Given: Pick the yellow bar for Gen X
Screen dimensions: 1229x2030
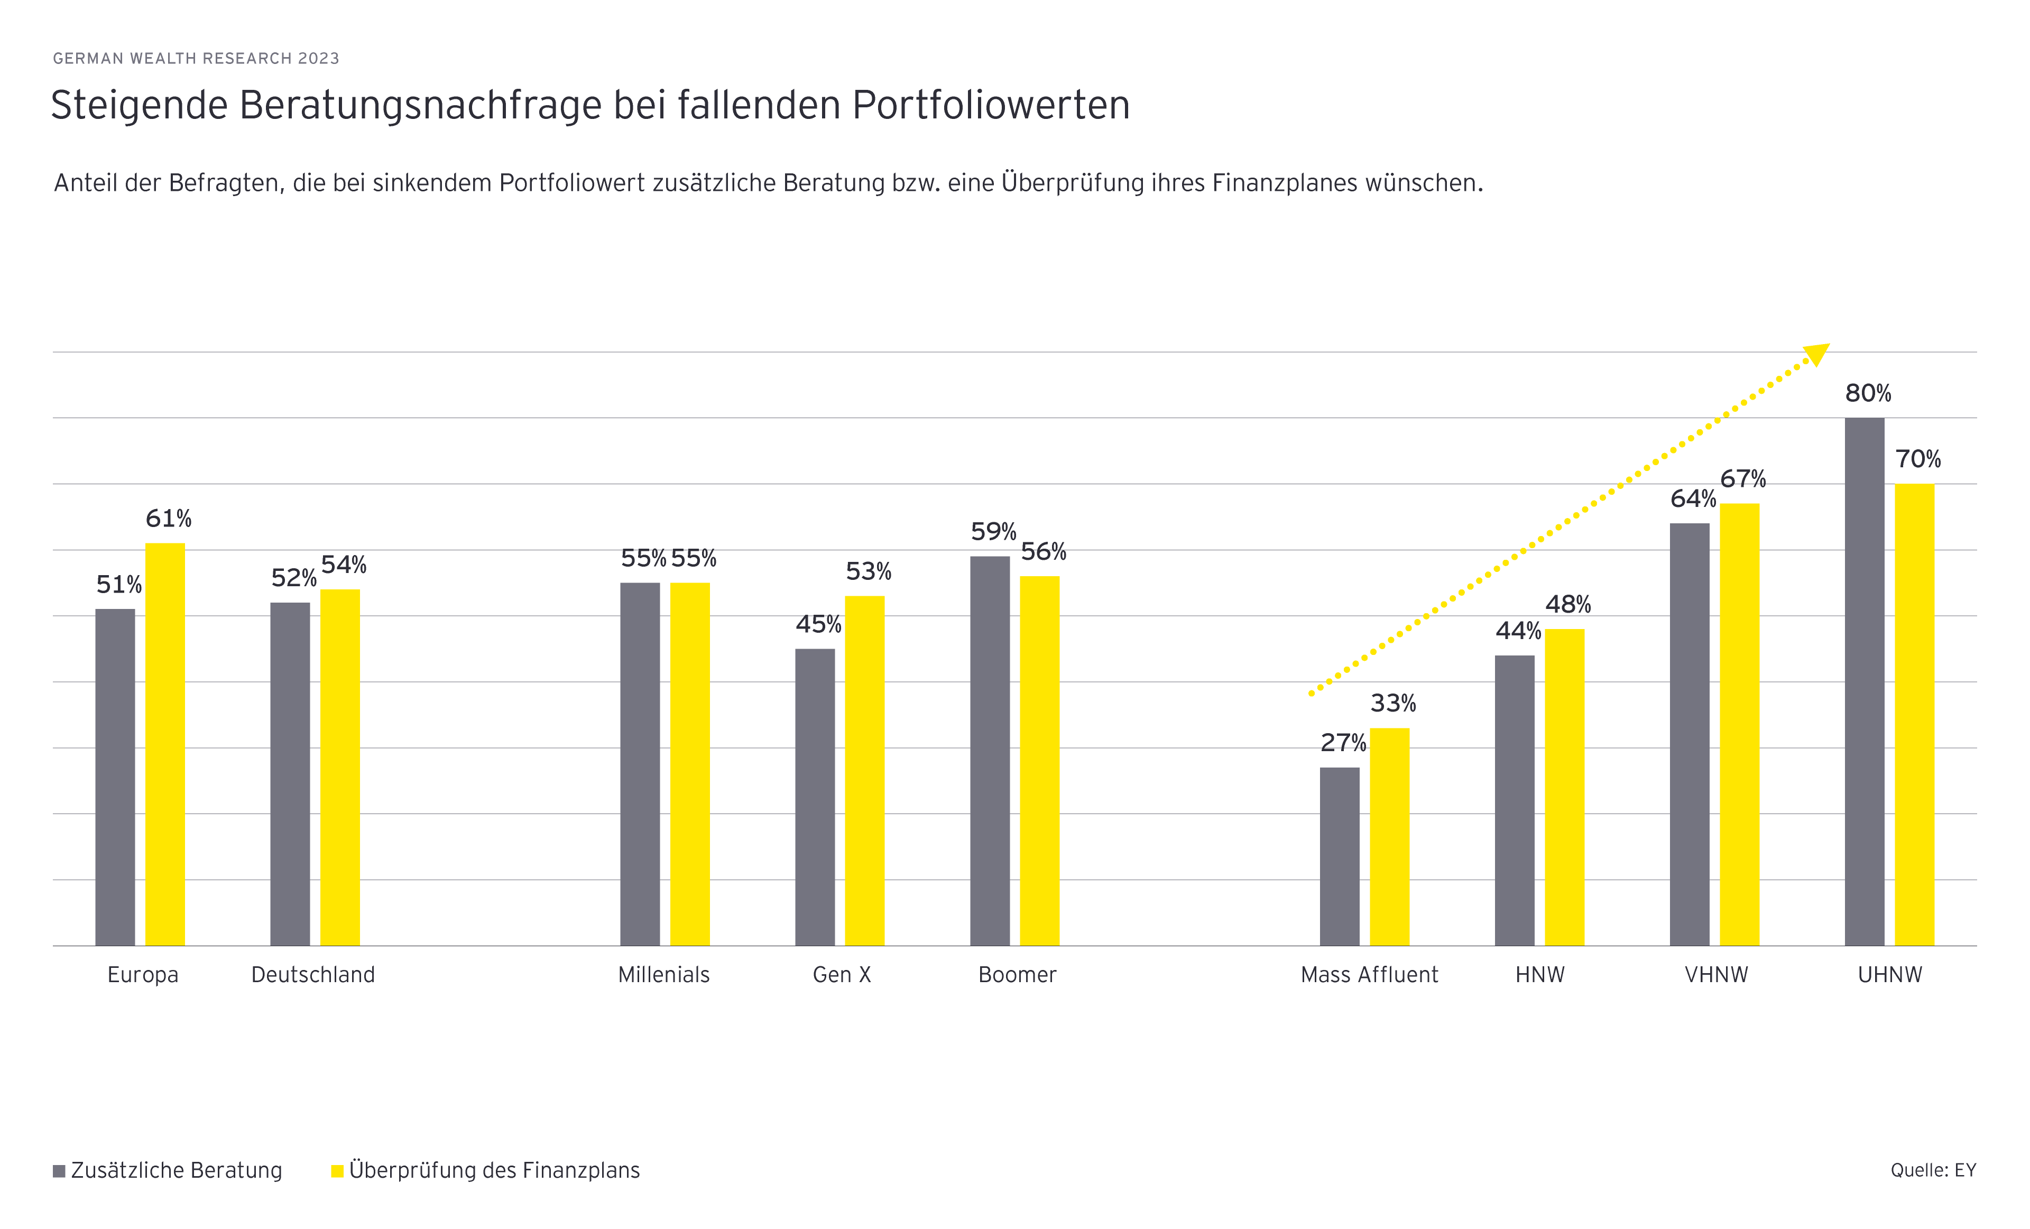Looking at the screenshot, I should click(x=864, y=770).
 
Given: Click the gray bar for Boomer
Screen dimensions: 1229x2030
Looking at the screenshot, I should click(x=990, y=751).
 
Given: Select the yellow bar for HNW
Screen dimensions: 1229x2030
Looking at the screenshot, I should click(x=1564, y=787).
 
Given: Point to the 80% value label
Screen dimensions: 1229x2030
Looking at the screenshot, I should click(x=1868, y=394).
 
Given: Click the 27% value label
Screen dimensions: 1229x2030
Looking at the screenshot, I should click(x=1343, y=743).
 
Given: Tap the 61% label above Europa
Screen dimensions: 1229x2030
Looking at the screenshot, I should click(x=168, y=519).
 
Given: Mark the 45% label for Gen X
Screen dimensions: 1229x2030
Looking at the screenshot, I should click(x=818, y=624).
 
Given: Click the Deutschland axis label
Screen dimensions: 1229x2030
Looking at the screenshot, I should click(x=313, y=975).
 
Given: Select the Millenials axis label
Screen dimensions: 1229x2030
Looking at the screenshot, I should click(x=663, y=975).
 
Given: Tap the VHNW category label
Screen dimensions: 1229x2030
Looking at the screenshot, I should click(x=1716, y=975).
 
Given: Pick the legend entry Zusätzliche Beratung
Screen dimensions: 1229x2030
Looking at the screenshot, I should click(x=176, y=1170).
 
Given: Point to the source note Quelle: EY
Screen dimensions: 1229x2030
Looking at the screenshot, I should click(x=1933, y=1170).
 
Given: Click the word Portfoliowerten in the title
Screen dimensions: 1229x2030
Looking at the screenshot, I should click(x=990, y=105).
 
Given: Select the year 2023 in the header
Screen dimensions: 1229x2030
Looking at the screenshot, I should click(x=319, y=59).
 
